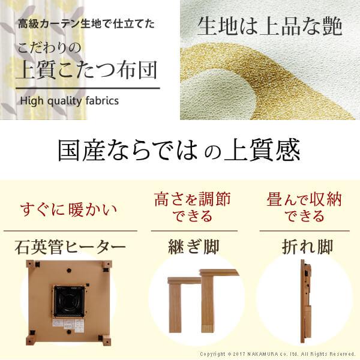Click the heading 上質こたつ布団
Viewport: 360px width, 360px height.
89,71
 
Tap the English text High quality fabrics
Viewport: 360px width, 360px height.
70,100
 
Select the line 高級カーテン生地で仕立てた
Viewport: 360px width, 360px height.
86,25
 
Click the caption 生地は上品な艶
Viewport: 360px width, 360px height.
270,26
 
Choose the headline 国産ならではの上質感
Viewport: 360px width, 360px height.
178,151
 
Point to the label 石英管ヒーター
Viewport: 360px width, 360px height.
70,247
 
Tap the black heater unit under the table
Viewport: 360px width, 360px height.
71,301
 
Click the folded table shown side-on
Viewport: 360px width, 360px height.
306,300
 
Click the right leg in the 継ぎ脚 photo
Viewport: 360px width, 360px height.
207,306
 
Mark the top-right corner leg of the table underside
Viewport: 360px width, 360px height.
107,265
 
